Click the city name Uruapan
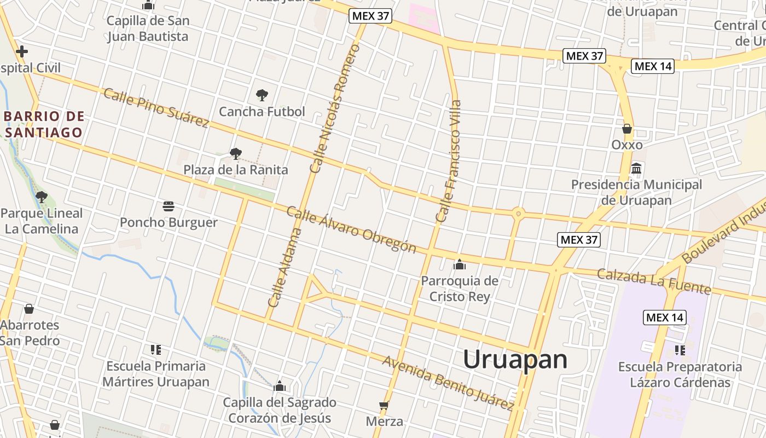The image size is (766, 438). click(x=515, y=360)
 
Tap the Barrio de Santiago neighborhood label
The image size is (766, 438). click(x=44, y=124)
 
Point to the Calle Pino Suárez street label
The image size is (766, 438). click(x=156, y=108)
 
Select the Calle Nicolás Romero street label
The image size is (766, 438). click(x=335, y=108)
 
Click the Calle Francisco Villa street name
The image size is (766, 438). click(x=449, y=161)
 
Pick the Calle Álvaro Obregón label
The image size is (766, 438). click(x=351, y=230)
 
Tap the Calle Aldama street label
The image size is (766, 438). click(x=285, y=267)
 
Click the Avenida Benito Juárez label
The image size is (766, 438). click(x=448, y=383)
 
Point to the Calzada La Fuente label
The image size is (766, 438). click(x=653, y=281)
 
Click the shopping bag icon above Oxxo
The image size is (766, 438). click(x=627, y=129)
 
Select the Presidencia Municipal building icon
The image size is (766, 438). click(x=636, y=169)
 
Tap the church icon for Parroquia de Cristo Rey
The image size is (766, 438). click(x=460, y=265)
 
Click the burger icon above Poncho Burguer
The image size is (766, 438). click(x=169, y=206)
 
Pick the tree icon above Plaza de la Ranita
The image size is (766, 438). click(x=235, y=154)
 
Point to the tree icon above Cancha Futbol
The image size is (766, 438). click(x=262, y=95)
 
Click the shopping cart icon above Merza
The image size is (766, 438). click(x=384, y=406)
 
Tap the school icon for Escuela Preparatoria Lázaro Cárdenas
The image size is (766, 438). click(x=680, y=350)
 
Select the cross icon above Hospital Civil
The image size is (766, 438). click(x=22, y=52)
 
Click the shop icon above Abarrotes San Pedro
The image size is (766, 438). click(x=29, y=309)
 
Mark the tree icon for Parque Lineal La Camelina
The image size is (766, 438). click(x=41, y=197)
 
